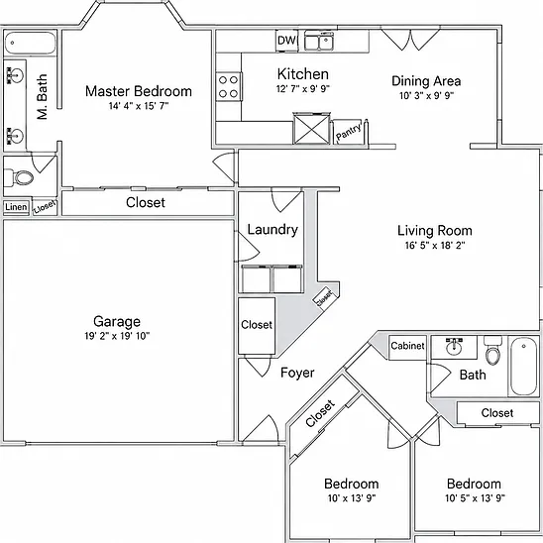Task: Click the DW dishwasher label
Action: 286,41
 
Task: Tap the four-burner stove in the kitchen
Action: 228,86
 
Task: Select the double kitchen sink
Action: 319,41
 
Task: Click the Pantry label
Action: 349,132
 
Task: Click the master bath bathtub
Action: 30,43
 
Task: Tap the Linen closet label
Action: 16,207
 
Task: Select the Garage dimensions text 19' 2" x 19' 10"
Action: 117,336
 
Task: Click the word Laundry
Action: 272,230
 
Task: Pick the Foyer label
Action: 297,373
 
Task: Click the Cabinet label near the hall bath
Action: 407,346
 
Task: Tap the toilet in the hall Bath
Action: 492,350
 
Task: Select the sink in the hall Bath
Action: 454,346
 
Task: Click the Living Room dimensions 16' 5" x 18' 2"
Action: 435,245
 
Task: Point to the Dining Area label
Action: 426,81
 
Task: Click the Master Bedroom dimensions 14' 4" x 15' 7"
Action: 139,106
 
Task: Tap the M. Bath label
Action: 43,97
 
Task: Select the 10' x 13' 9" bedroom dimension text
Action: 352,498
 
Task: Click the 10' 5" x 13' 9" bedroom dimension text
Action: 475,498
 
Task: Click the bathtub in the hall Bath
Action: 524,366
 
